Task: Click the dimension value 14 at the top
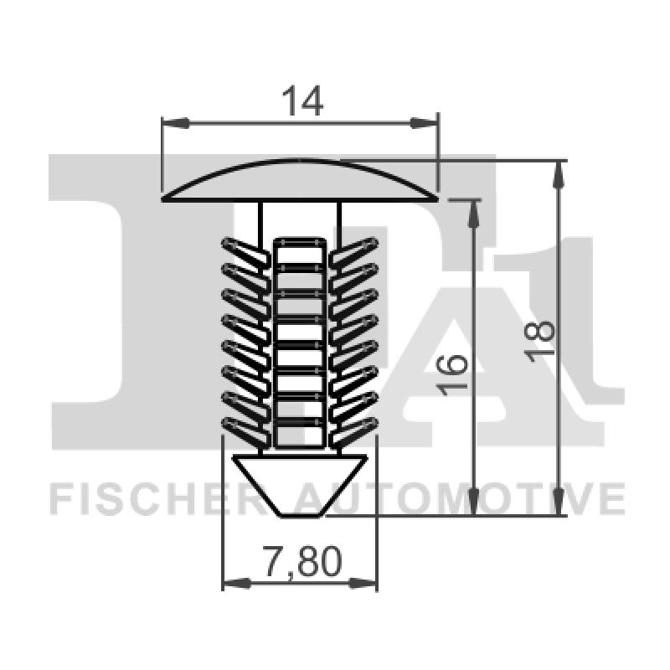point(301,102)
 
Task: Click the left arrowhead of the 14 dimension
point(172,123)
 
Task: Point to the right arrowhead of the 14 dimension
point(426,123)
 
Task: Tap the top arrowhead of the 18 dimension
point(559,173)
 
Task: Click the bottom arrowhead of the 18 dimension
point(559,504)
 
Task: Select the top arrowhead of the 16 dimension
point(474,212)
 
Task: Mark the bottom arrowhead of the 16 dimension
point(474,504)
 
